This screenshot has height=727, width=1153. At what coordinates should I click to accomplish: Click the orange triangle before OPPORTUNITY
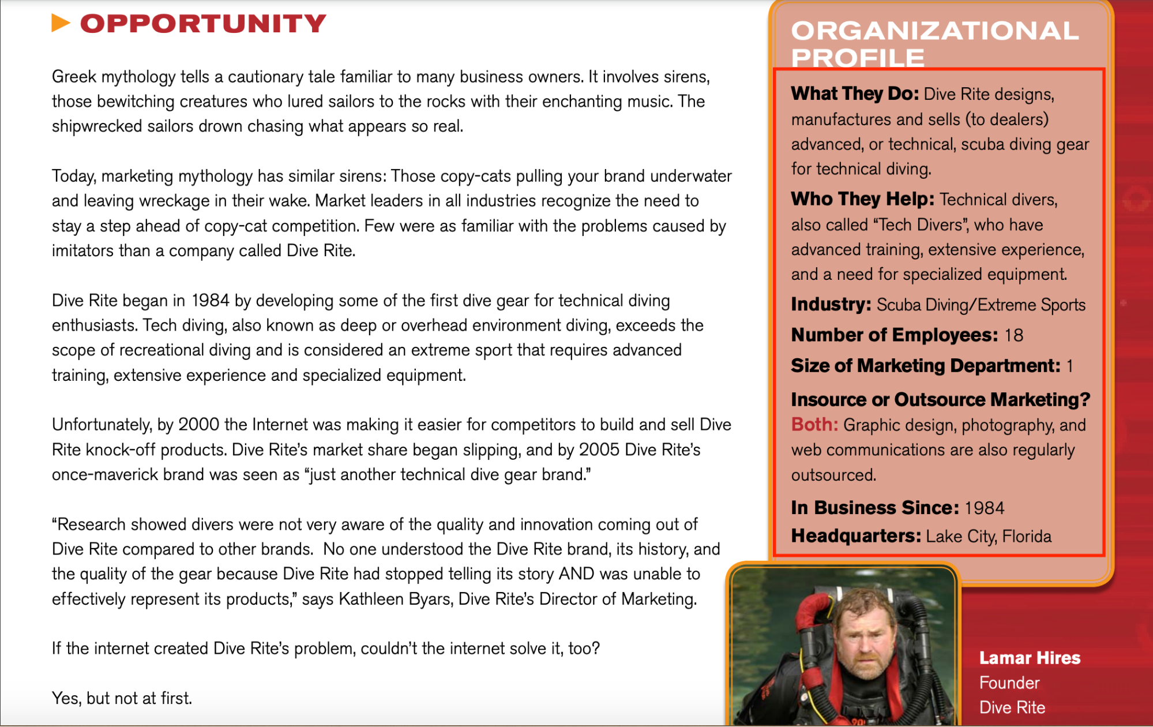[61, 23]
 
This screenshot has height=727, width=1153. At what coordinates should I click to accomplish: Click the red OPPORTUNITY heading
[203, 24]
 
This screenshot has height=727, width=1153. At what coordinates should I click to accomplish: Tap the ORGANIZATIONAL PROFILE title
[934, 44]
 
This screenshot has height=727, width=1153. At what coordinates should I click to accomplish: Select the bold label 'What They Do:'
[855, 93]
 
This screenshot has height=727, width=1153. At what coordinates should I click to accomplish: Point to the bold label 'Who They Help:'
[862, 199]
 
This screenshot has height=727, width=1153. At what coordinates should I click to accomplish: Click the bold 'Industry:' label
[831, 304]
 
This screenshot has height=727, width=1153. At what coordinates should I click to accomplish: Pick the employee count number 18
[1013, 335]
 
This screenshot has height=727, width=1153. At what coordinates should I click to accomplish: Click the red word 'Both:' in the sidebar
[814, 425]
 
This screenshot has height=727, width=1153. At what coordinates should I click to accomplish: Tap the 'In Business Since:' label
[874, 508]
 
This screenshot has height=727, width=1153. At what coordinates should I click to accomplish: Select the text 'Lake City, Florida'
[989, 537]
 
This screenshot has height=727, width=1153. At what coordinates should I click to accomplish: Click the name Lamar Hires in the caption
[1030, 658]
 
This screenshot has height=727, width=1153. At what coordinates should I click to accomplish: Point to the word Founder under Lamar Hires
[1009, 683]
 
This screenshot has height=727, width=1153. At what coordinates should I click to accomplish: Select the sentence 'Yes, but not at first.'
[122, 698]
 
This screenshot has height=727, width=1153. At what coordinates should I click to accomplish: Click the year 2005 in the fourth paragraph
[599, 449]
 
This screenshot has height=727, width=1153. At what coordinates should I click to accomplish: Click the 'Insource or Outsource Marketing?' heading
[940, 399]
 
